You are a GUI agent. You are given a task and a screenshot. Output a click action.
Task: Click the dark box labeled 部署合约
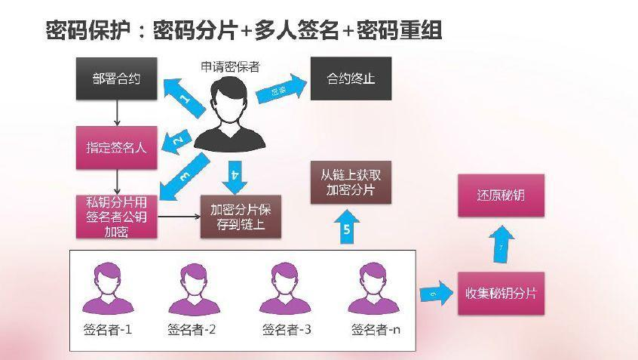pos(117,78)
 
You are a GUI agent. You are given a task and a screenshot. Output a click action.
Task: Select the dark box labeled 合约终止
pos(351,78)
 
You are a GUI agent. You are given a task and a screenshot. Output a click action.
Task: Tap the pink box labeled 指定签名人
pos(117,147)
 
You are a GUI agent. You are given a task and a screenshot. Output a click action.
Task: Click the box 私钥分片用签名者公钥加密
pos(117,217)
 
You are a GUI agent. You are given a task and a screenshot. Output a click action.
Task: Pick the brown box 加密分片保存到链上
pos(240,217)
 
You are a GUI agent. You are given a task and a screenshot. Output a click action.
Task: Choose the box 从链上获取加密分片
pos(351,183)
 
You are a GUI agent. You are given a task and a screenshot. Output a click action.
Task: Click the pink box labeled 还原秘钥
pos(501,196)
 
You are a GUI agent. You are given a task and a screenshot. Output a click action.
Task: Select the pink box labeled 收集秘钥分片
pos(501,293)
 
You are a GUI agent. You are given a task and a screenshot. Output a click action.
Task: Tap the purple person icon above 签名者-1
pos(107,288)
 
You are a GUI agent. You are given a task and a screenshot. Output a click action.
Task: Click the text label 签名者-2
pos(192,330)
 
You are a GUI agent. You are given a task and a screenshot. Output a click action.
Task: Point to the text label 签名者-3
pos(287,330)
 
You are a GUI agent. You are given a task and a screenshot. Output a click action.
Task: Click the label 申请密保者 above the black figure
pos(231,66)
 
